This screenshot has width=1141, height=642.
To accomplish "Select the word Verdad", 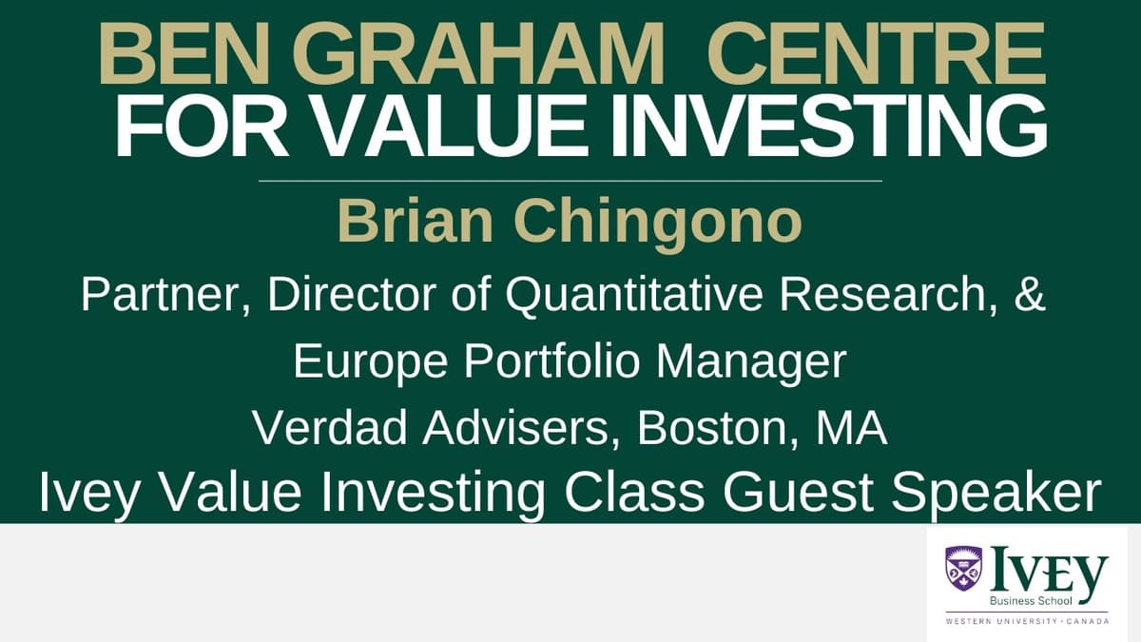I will [324, 429].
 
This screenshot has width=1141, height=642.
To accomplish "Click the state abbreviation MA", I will [851, 429].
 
